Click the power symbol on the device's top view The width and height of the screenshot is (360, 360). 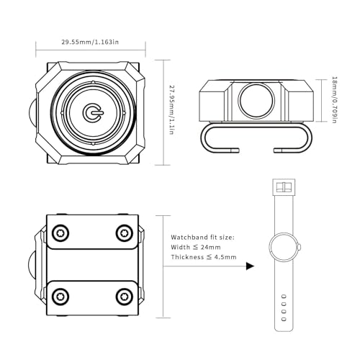(x=92, y=112)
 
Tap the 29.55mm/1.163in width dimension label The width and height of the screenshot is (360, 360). (x=90, y=42)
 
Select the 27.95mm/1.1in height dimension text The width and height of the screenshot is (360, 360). (x=171, y=109)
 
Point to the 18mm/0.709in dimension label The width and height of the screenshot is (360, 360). (x=334, y=100)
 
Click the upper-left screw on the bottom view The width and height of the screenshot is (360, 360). (x=60, y=233)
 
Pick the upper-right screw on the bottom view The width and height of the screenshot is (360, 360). (x=125, y=233)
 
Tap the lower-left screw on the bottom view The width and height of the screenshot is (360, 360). (x=60, y=297)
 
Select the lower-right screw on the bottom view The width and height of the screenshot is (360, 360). (x=125, y=297)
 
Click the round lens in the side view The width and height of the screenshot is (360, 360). (x=256, y=101)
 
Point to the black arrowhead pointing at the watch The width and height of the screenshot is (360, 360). (x=250, y=266)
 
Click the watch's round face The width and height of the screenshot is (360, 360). (x=284, y=247)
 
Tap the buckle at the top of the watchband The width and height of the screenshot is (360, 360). (x=284, y=187)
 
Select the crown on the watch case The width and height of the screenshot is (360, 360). (x=300, y=247)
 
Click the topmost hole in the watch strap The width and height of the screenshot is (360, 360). (x=284, y=297)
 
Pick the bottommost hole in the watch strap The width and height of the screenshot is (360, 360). (x=284, y=319)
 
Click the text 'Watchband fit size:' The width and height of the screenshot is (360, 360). (x=202, y=238)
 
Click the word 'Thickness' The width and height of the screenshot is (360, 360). (x=187, y=257)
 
